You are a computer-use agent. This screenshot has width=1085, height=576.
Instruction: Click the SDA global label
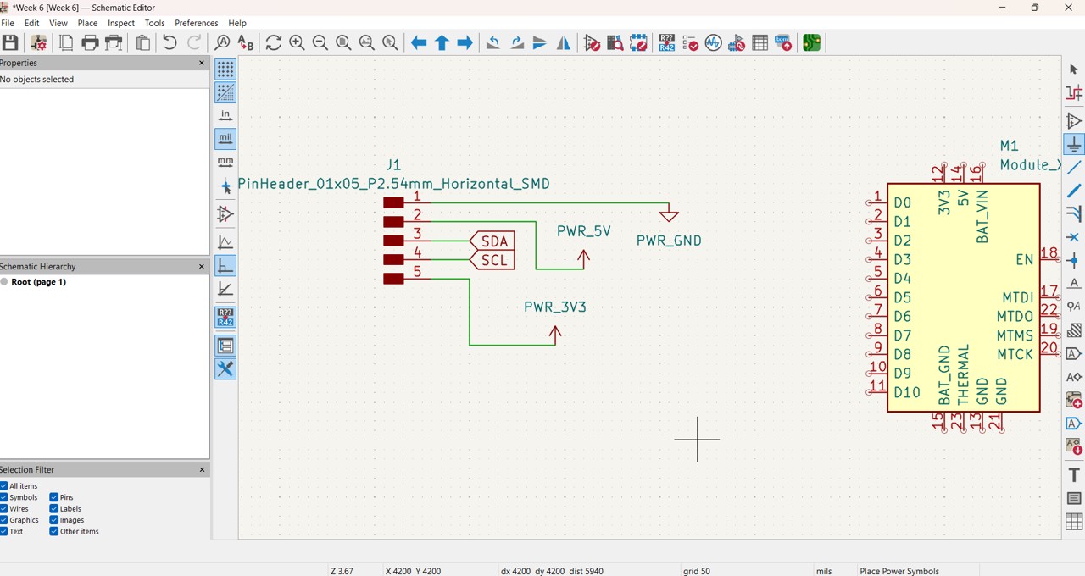493,241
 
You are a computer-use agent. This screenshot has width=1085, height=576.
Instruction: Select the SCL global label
493,260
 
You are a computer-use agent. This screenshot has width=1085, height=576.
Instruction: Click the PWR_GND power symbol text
669,241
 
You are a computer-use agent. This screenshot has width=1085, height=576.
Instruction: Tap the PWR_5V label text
584,231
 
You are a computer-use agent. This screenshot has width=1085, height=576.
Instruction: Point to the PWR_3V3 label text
554,307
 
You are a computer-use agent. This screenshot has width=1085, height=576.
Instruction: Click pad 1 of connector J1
393,202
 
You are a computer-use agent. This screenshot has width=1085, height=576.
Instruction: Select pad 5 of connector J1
393,279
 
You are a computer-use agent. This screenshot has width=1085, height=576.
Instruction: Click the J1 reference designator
393,165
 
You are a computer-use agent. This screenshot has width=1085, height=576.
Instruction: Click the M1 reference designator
1009,146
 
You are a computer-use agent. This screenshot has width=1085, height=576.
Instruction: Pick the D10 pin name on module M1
906,392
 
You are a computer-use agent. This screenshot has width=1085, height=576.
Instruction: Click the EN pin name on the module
1024,259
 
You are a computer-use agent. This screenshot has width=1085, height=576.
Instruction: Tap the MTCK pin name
1015,354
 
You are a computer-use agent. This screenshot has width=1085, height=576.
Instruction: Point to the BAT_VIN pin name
982,217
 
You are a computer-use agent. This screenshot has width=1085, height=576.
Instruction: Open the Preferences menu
196,23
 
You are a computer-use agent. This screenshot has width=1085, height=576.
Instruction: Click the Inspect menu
121,23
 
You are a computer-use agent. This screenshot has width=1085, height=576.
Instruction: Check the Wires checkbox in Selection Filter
4,509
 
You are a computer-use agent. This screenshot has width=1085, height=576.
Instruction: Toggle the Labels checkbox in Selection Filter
54,509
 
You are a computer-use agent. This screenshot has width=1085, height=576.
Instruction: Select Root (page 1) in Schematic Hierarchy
38,282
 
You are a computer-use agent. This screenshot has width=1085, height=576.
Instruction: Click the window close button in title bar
1068,8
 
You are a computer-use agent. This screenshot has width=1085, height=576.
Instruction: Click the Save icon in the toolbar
10,43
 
